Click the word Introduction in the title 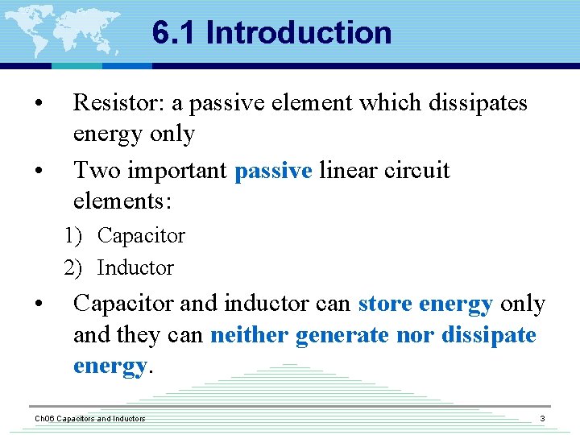299,33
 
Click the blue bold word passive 273,171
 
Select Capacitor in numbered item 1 141,236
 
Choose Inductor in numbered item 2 135,267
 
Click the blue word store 385,304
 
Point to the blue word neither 249,334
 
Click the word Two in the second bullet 94,171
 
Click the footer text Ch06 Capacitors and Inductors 89,419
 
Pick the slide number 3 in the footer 542,419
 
